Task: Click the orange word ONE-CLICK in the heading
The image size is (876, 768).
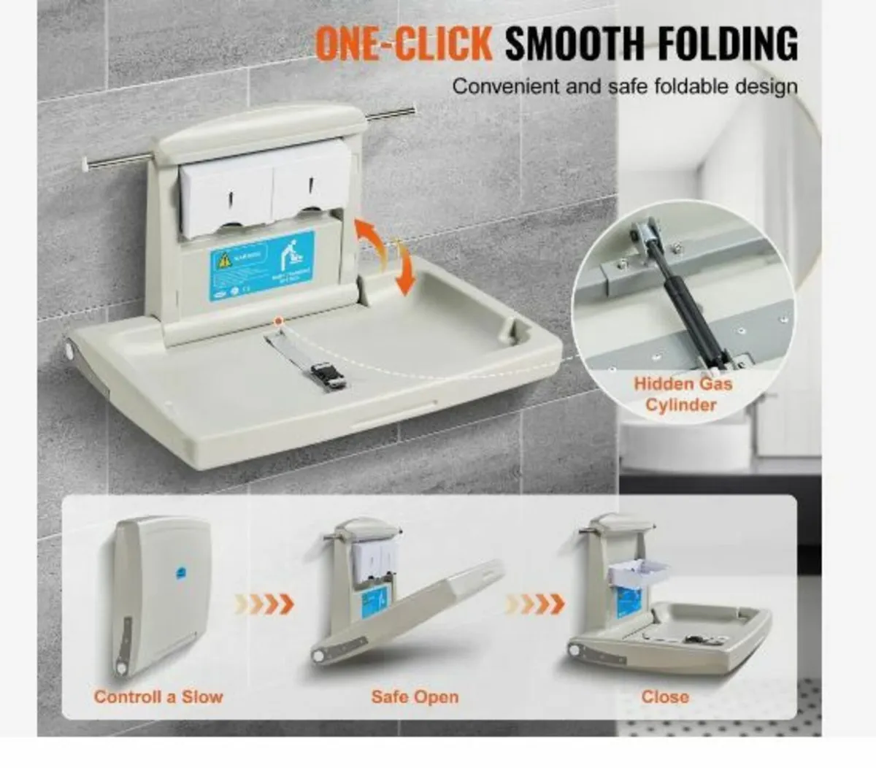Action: coord(404,43)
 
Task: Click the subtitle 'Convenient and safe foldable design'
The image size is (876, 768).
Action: coord(625,86)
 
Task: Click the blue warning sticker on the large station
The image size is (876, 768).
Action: coord(262,263)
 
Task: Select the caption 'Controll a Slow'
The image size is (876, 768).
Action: coord(158,697)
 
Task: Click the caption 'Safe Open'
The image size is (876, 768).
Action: coord(415,697)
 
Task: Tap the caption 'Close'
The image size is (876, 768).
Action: coord(665,697)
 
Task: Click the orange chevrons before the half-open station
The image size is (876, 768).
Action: coord(265,604)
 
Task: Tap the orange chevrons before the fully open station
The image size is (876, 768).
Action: coord(536,604)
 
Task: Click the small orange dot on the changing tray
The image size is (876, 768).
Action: coord(278,321)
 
